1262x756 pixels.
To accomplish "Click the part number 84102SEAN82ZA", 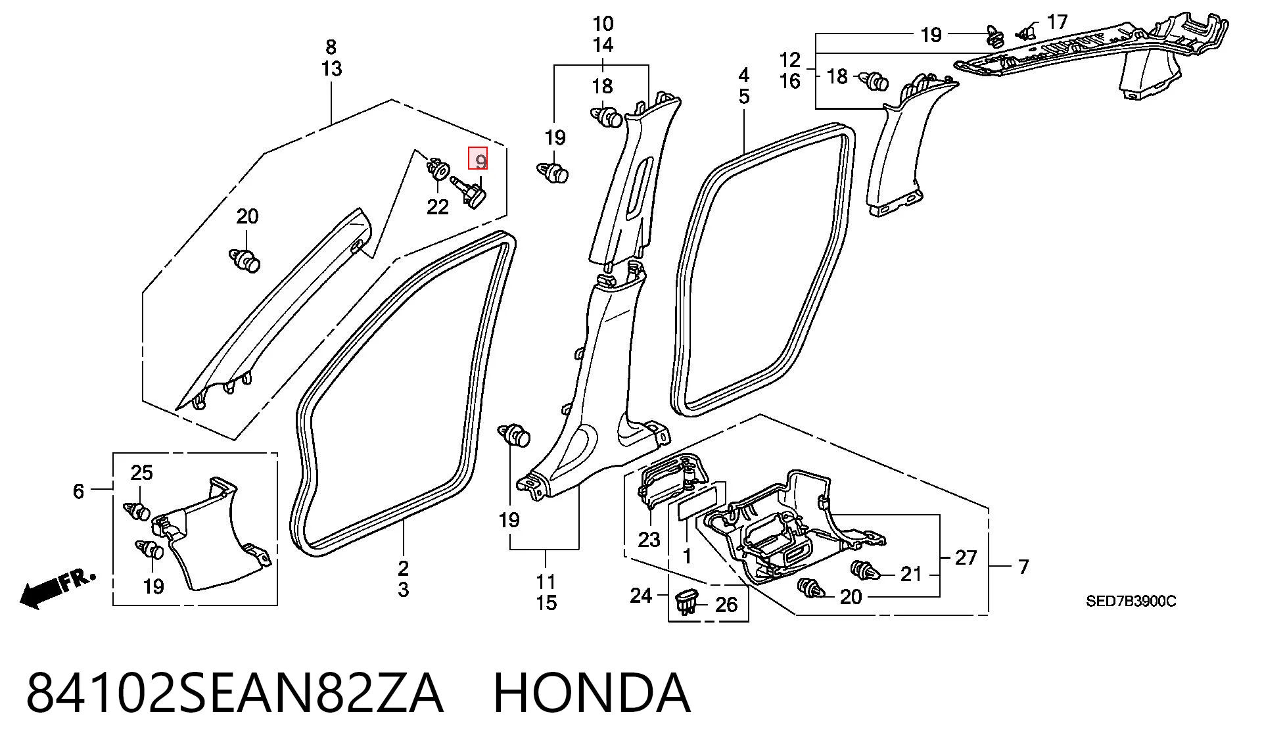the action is (x=235, y=693).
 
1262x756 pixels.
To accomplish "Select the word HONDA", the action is (x=592, y=693).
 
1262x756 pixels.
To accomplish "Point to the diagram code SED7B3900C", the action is (x=1131, y=601).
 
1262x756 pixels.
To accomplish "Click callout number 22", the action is (x=438, y=207).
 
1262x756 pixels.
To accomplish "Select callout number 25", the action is (x=142, y=473).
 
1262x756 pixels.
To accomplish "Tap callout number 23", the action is (x=649, y=540).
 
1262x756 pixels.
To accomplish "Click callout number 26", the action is (x=726, y=604).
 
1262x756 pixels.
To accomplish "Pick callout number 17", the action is (x=1057, y=22).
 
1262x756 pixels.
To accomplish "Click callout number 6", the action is (x=78, y=491).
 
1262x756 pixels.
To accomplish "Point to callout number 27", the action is (x=966, y=558).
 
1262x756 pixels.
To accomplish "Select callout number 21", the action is (x=911, y=575).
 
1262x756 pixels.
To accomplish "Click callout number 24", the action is (x=641, y=596).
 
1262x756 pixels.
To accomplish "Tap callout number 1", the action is (x=687, y=556).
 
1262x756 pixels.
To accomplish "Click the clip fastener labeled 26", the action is (x=686, y=601).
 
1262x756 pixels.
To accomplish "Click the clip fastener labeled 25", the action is (x=137, y=510).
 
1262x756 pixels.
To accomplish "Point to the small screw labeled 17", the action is (x=1024, y=30).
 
